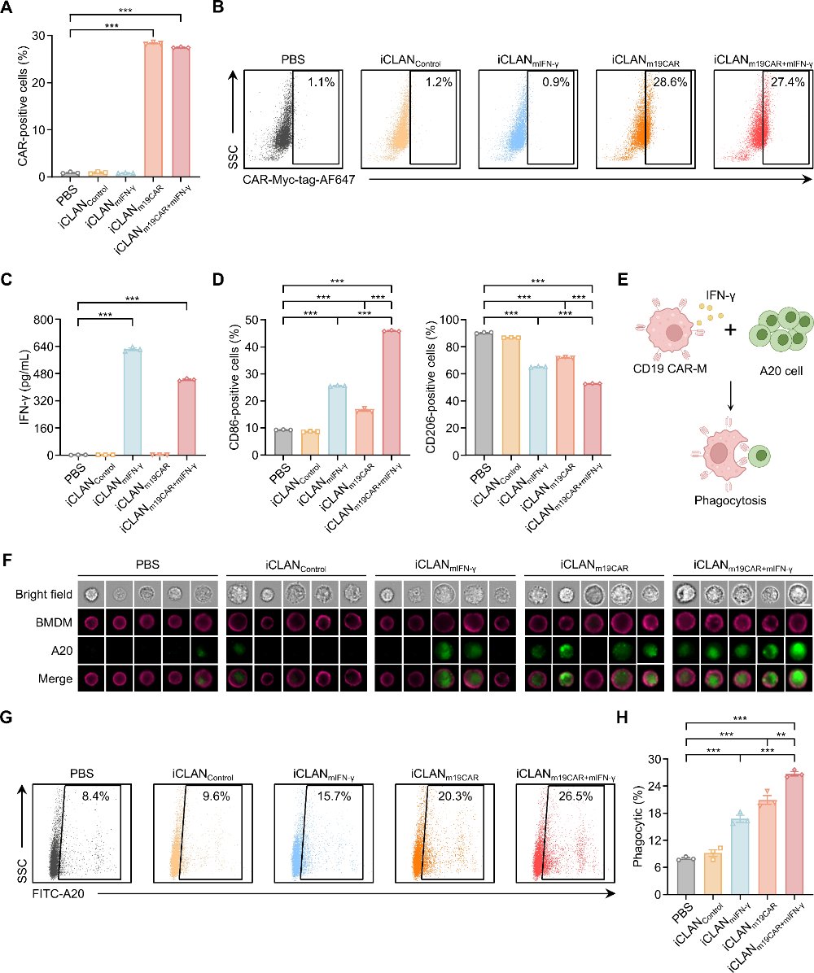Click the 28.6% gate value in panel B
[670, 82]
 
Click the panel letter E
[623, 279]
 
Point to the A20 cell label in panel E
[781, 371]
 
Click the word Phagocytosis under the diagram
[730, 500]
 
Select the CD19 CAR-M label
[670, 369]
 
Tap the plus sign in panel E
[730, 329]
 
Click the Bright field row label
[44, 595]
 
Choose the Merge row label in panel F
[55, 678]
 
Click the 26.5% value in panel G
[575, 796]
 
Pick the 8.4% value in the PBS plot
[95, 796]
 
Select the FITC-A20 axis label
[59, 893]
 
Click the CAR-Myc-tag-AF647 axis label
[299, 179]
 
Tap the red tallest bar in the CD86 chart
[392, 393]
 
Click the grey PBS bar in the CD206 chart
[484, 394]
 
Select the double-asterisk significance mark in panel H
[781, 735]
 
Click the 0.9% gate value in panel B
[556, 82]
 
